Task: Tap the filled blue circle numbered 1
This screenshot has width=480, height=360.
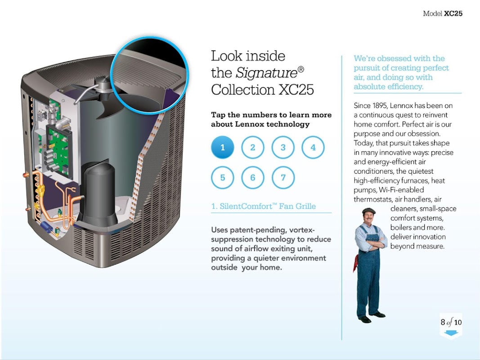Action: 223,147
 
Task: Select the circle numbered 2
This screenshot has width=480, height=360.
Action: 252,147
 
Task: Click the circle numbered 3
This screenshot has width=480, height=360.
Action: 283,147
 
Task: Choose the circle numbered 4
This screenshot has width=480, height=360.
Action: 313,147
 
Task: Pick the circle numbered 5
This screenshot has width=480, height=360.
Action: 223,178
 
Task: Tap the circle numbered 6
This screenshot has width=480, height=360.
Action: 252,178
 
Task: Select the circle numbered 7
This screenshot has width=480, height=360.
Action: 283,178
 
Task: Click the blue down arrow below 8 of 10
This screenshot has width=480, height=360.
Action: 451,333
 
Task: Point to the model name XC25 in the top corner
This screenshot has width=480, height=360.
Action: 453,13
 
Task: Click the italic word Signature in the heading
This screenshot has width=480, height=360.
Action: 267,73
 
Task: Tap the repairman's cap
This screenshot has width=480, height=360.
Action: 368,211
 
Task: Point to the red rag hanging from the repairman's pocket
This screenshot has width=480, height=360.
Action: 355,263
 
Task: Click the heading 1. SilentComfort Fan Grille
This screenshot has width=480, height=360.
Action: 264,206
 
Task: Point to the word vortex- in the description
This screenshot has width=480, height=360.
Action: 302,229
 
